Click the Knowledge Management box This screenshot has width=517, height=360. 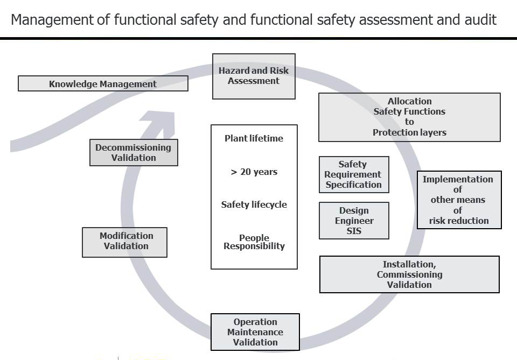[103, 84]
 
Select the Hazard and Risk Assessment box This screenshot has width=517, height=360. [254, 76]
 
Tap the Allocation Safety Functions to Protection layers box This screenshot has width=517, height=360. [409, 117]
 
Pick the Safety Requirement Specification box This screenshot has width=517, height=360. [353, 174]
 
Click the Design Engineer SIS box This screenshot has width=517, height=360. [354, 221]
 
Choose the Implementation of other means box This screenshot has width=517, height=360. [459, 200]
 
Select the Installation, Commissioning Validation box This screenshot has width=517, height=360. [409, 274]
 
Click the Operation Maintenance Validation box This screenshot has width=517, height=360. [255, 332]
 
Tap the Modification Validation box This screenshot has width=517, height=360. [124, 242]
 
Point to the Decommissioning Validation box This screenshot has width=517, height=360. [133, 153]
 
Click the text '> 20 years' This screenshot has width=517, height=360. [254, 172]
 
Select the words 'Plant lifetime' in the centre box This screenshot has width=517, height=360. [254, 139]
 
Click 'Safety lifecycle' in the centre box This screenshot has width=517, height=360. [254, 205]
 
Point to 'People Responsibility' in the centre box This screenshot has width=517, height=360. [254, 242]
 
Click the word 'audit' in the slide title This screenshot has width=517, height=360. [479, 20]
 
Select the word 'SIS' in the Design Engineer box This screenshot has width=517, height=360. [354, 231]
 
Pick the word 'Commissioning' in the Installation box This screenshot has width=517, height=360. [409, 274]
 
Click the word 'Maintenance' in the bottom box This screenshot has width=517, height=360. [255, 332]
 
